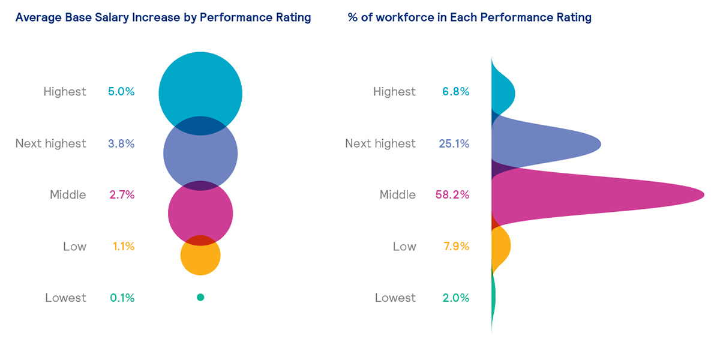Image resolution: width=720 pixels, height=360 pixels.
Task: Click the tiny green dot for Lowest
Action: coord(200,297)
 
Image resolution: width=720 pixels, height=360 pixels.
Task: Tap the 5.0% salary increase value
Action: coord(121,92)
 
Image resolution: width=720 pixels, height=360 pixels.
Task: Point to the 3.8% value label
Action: coord(121,143)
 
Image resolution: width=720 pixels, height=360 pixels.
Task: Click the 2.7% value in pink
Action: coord(122,195)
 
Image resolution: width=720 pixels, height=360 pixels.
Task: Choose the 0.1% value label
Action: coord(122,298)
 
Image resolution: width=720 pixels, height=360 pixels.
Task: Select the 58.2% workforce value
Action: coord(452,195)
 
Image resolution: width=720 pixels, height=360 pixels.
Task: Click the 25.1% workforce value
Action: coord(454,143)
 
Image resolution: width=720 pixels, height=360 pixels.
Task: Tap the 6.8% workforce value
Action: coord(455,92)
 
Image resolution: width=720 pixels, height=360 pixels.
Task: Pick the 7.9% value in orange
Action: coord(456,247)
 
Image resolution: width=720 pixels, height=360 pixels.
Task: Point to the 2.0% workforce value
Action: coord(455,298)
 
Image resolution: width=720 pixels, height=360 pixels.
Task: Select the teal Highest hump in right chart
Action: coord(502,91)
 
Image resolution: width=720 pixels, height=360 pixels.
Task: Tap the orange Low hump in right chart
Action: coord(500,245)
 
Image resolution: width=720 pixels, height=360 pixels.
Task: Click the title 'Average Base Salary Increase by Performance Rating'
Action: coord(163,17)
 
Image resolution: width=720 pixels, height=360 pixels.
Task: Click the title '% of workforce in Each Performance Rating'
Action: coord(469,17)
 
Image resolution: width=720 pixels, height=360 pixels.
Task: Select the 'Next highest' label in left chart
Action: coord(50,143)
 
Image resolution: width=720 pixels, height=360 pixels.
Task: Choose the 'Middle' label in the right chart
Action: coord(397,195)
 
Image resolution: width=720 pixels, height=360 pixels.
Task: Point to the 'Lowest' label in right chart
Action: coord(395,298)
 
